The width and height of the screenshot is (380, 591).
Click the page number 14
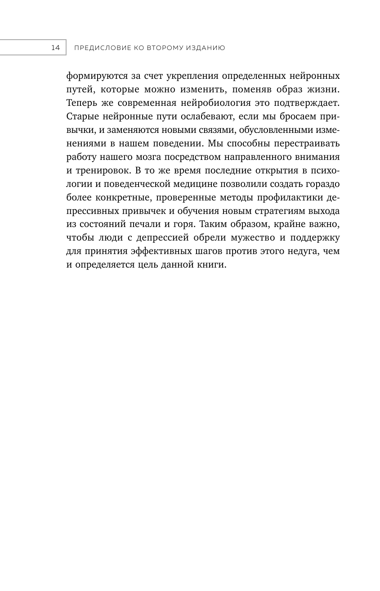tap(55, 47)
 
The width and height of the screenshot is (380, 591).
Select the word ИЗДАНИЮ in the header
tap(203, 47)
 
